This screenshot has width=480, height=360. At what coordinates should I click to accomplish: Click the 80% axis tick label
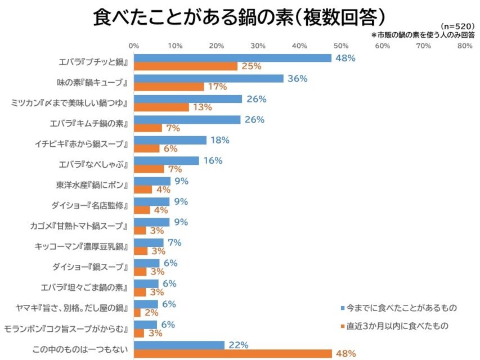point(464,46)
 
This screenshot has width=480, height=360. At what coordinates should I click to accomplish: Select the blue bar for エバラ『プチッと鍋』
point(232,58)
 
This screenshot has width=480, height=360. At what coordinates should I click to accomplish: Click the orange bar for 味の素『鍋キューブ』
point(169,87)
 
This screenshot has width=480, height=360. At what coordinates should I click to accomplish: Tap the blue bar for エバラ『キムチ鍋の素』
point(187,119)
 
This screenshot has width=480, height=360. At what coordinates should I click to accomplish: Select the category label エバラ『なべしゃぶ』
point(94,164)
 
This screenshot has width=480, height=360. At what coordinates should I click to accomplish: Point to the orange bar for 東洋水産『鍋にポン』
point(143,190)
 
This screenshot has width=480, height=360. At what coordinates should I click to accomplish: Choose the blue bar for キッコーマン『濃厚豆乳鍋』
point(149,242)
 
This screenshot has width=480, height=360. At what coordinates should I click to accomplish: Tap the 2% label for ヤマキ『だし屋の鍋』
point(152,313)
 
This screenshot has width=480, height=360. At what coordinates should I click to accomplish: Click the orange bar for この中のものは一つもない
point(232,353)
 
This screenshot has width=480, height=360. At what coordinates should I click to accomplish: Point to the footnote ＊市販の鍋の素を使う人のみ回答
point(423,34)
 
